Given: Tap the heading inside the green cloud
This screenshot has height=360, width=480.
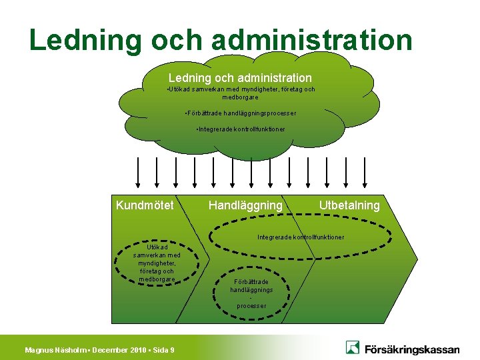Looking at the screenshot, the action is tap(240, 78).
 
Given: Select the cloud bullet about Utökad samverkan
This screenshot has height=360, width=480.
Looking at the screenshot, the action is tap(241, 93).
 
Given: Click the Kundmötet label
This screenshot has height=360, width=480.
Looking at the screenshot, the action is tap(145, 205).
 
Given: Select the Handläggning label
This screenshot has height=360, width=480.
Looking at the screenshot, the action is tap(245, 205).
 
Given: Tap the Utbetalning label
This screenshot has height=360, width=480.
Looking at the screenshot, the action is tap(349, 205).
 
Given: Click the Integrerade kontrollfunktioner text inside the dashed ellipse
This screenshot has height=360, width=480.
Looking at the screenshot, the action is tap(301, 237).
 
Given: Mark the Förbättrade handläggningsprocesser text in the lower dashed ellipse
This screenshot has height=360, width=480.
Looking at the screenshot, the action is tap(251, 293).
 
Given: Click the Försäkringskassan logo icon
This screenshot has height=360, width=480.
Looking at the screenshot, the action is tap(353, 347).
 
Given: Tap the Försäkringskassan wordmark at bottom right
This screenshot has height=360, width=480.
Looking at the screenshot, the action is tap(411, 348).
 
